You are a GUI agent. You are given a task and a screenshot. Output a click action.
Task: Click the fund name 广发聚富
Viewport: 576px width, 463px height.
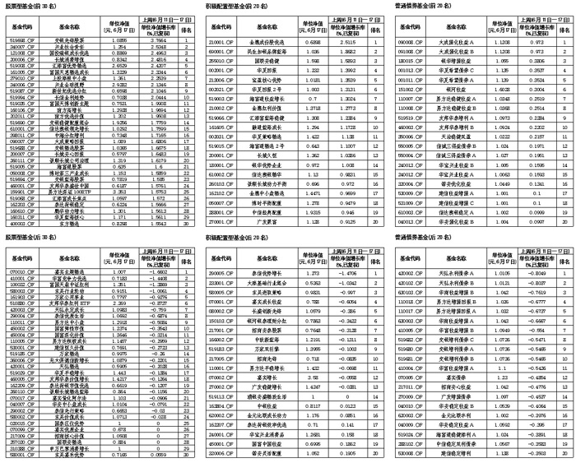click(x=267, y=220)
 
